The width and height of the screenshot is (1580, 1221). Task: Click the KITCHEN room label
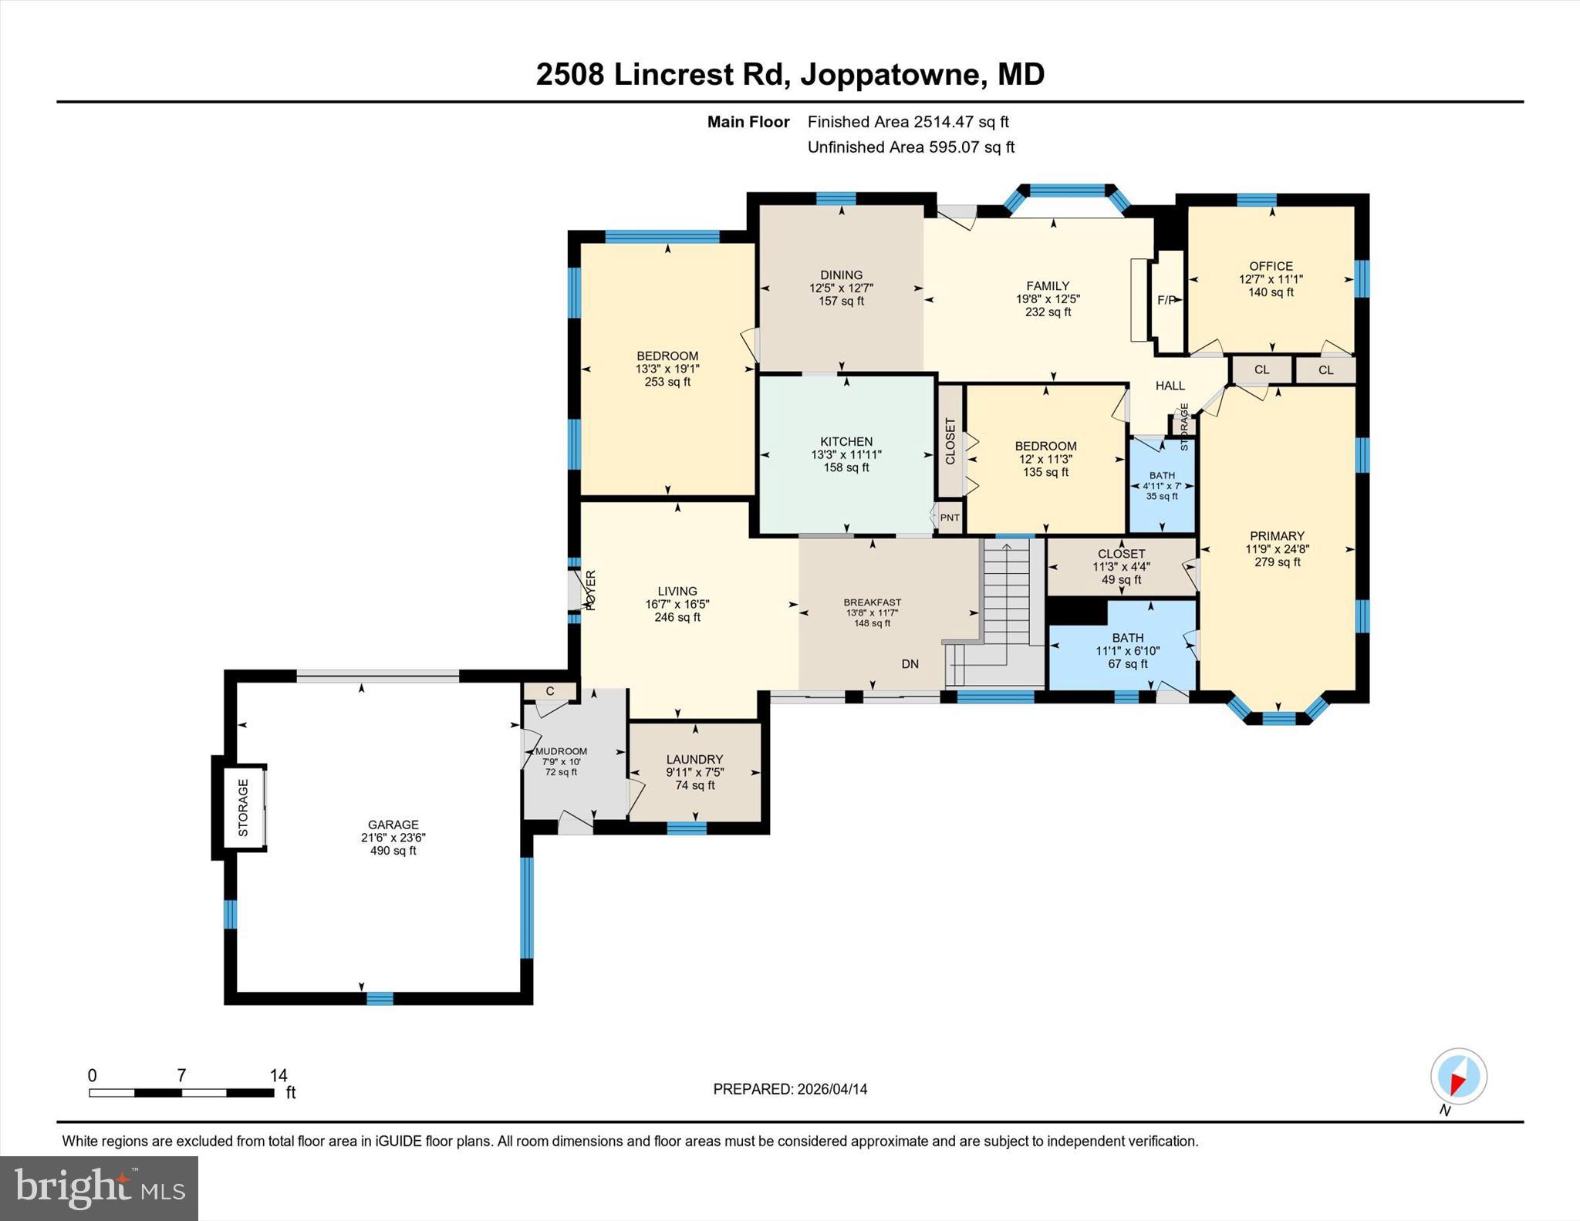point(846,442)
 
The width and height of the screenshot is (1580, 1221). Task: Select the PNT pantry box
point(950,518)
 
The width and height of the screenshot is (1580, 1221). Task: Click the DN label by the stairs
point(910,664)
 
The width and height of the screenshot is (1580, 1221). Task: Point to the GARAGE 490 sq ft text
point(393,851)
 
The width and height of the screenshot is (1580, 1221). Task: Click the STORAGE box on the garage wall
point(244,808)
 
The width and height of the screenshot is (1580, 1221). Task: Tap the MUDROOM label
point(561,751)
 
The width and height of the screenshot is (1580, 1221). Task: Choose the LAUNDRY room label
point(694,760)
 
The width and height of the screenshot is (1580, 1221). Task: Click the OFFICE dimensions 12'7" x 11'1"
point(1271,279)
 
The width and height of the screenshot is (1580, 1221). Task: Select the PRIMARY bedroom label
point(1277,536)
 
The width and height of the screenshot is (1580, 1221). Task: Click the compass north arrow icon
point(1458,1077)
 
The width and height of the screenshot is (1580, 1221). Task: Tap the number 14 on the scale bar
point(279,1075)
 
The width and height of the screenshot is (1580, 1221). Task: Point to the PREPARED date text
point(790,1089)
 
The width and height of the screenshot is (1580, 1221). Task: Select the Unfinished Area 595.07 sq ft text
point(910,147)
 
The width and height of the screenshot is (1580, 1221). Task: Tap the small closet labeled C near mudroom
point(550,691)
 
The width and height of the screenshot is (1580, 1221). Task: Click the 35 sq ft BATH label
point(1162,496)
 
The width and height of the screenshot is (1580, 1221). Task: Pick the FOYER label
point(592,591)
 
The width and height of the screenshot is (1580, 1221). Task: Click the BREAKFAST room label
point(872,602)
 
